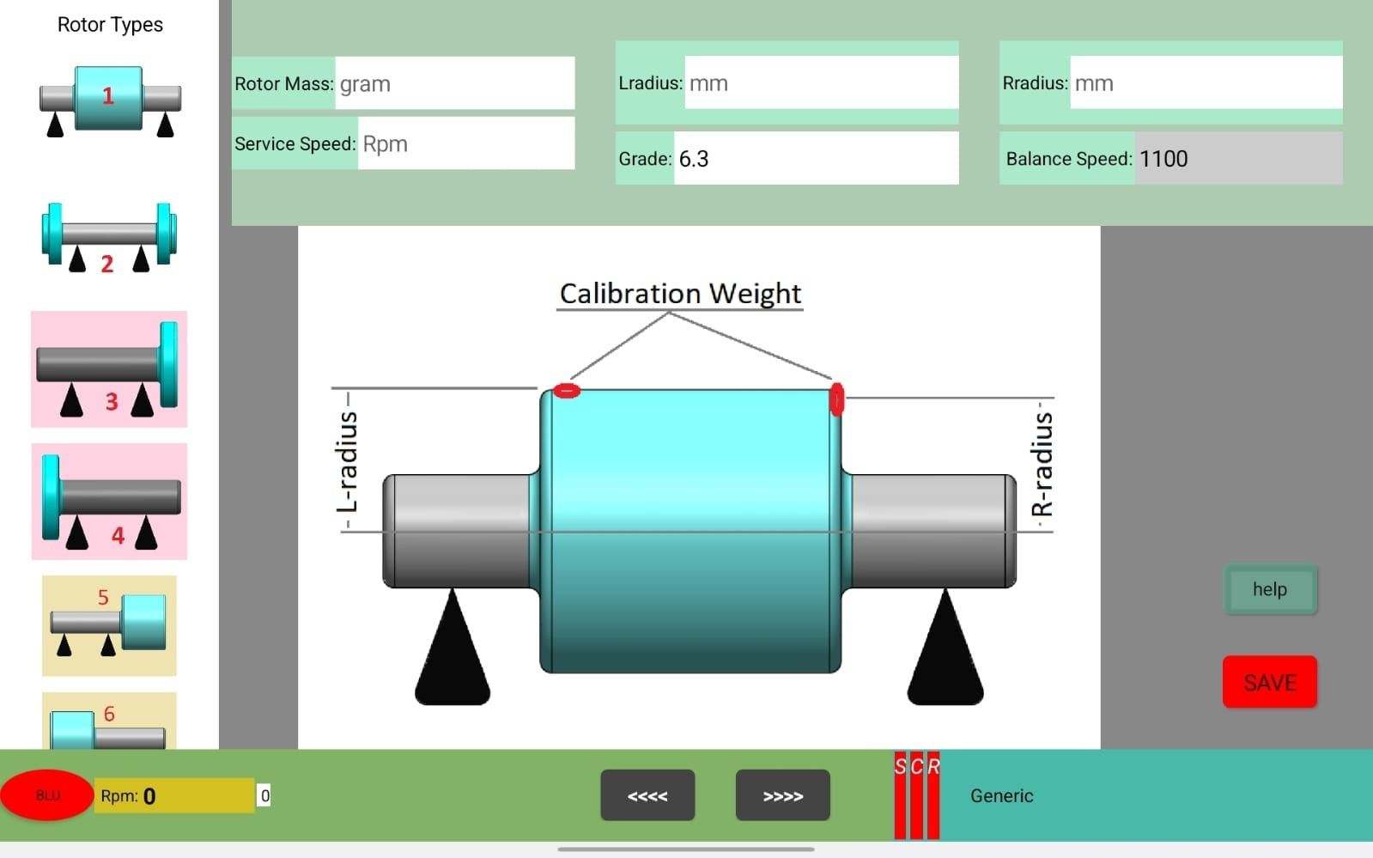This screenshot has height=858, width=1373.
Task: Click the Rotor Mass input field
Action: tap(455, 82)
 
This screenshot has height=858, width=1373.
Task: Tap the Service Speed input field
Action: tap(466, 143)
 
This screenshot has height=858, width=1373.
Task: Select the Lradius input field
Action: tap(822, 82)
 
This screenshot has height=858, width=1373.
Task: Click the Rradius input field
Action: tap(1206, 82)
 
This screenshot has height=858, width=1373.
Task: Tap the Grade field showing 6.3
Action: tap(817, 158)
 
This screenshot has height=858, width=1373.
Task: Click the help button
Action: tap(1270, 589)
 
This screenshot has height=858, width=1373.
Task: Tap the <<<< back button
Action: tap(648, 795)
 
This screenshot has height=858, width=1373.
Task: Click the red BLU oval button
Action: tap(47, 794)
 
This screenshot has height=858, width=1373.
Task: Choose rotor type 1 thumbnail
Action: tap(109, 100)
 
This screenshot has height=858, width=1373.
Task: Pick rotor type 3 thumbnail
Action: tap(109, 369)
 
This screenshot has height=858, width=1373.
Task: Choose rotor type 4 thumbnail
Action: tap(109, 502)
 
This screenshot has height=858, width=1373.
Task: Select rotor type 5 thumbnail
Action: tap(109, 625)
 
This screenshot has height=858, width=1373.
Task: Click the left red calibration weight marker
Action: tap(567, 390)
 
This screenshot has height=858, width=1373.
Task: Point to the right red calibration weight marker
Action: tap(836, 399)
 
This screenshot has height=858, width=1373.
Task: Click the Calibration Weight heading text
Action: tap(680, 293)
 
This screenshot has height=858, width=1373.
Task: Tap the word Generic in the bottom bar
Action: tap(1001, 795)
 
